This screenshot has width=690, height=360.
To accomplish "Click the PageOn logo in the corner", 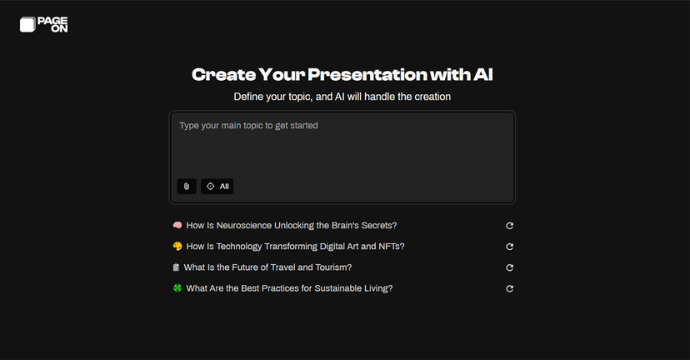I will coord(43,25).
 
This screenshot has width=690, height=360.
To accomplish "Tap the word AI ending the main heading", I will coord(482,75).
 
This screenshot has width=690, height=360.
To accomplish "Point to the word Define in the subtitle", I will coord(247,97).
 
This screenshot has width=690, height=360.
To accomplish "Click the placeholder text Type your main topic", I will coord(248,126).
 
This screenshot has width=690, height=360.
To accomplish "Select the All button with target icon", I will coord(217,187).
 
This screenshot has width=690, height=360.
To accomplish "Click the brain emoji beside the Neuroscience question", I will coord(177,225).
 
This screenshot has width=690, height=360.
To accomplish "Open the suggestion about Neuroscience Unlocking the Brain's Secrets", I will coord(291,225).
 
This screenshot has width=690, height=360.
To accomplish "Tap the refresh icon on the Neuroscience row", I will coord(509,225).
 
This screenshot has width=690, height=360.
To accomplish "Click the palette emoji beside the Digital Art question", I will coord(177,247).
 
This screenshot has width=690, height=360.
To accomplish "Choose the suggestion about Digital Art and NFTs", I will coord(295,247).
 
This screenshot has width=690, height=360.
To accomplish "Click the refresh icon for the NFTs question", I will coord(509,247).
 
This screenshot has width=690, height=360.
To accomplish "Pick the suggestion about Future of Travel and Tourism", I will coord(267,267).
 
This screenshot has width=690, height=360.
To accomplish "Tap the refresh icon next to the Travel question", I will coord(509,267).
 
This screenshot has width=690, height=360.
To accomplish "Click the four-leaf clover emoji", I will coord(177,288).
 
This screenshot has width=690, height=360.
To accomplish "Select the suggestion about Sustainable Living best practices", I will coord(289,288).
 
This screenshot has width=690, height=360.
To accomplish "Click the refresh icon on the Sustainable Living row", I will coord(509,288).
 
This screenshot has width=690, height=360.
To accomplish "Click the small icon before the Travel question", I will coord(176,267).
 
